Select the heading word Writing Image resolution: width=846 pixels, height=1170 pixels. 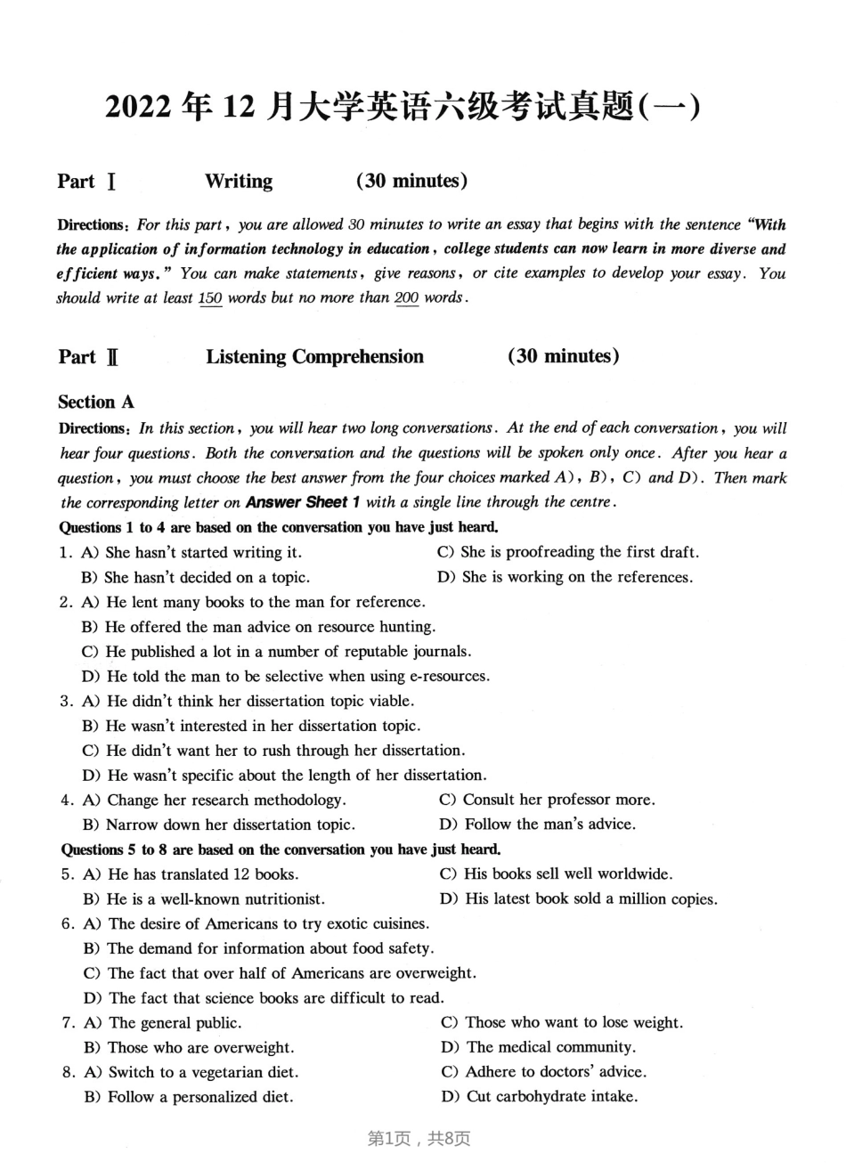(239, 182)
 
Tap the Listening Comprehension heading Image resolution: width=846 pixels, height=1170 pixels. (314, 357)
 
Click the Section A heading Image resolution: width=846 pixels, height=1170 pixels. (96, 402)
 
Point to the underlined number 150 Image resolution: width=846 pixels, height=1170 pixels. (210, 298)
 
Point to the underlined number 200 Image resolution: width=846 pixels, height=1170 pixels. (406, 298)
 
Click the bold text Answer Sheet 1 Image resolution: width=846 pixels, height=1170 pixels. (303, 502)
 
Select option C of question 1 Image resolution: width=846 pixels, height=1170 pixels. (567, 552)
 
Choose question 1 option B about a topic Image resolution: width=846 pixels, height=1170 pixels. (195, 577)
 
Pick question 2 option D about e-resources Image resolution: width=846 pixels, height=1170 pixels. (285, 676)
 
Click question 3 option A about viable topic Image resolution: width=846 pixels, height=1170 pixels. (248, 701)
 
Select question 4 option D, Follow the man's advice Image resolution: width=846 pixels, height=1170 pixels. (538, 825)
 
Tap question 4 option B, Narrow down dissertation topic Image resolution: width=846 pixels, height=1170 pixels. (219, 825)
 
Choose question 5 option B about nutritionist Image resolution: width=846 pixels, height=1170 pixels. (204, 898)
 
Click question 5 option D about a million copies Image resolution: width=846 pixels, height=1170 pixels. (579, 898)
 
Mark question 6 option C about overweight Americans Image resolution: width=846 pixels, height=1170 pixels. (280, 973)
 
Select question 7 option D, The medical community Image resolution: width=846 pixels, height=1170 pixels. (538, 1047)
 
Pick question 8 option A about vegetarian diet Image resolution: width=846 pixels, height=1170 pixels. (191, 1072)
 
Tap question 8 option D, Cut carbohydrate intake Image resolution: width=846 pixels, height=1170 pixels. (540, 1096)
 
